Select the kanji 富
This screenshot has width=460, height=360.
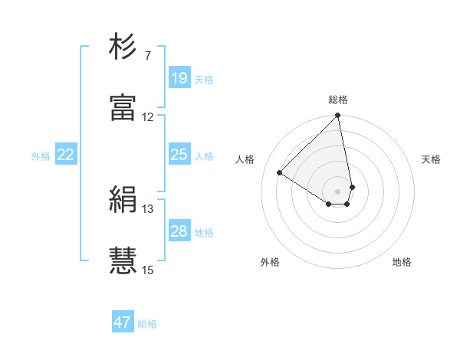click(123, 109)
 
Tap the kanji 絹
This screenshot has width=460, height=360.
click(123, 201)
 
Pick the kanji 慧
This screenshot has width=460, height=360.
click(123, 261)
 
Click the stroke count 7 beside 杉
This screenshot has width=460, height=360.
click(147, 56)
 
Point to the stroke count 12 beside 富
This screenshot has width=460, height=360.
click(147, 117)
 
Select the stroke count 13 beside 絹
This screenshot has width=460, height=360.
click(147, 209)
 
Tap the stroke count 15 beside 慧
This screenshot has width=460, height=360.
click(147, 270)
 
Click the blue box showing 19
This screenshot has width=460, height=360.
click(179, 78)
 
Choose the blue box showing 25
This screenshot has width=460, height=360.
click(179, 155)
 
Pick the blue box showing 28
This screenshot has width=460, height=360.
click(179, 231)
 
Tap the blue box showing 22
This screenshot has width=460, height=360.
click(66, 155)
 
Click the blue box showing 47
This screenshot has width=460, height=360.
click(123, 322)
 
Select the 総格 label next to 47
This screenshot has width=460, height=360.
click(147, 324)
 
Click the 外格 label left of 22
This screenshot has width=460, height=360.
click(41, 156)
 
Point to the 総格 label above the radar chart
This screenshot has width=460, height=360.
click(338, 100)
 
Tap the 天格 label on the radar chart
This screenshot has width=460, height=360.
click(431, 159)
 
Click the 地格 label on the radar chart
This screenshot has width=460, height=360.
click(402, 262)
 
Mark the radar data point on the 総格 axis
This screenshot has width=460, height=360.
click(337, 116)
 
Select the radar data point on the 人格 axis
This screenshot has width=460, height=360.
click(280, 173)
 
